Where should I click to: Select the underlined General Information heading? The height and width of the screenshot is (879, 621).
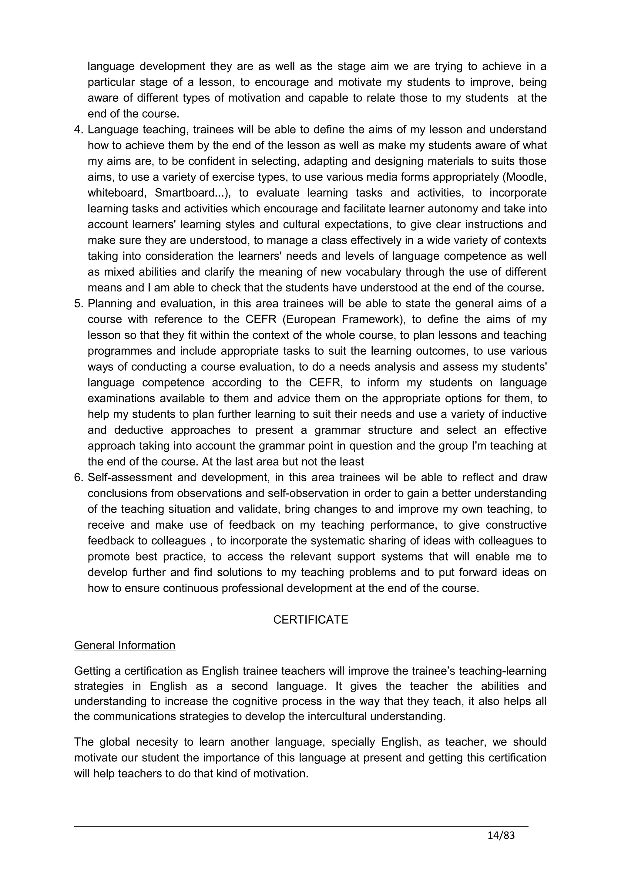[x=124, y=645]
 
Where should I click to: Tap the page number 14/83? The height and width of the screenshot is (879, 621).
[x=501, y=835]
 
